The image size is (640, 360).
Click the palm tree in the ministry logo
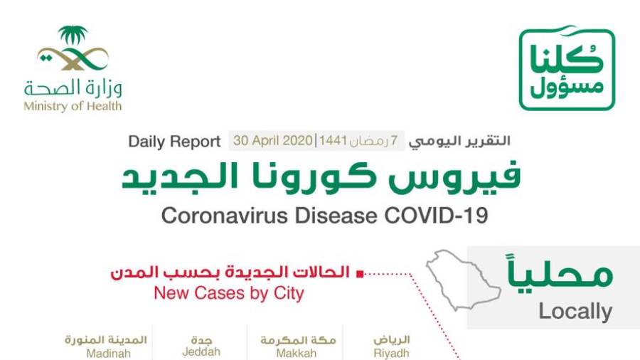[73, 36]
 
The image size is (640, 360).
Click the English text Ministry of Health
[73, 106]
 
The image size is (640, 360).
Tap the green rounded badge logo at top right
[567, 68]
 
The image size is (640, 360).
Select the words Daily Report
[174, 142]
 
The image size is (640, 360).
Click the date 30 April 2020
[272, 141]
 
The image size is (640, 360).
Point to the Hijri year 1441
[333, 141]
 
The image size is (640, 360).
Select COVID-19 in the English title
[436, 216]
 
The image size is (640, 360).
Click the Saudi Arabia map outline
[462, 280]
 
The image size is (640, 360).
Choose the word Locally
[575, 312]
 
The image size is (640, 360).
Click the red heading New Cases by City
[229, 293]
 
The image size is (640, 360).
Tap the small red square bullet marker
[360, 274]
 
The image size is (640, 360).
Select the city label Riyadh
[391, 353]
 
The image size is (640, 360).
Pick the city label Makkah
[297, 353]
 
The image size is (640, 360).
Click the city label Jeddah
[201, 351]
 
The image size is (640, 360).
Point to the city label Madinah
[109, 353]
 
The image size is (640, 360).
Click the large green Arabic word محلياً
[560, 270]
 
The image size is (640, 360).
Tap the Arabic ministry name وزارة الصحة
[73, 88]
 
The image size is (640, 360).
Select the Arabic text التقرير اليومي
[459, 141]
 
